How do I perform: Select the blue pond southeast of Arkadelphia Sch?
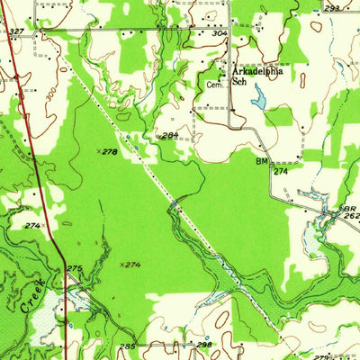coord(259,95)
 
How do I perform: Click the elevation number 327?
coord(16,31)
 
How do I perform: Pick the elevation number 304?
coord(220,33)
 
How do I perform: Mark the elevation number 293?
coord(332,8)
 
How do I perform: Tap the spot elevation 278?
coord(110,153)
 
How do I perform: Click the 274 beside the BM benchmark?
coord(281,170)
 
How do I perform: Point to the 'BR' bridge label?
coord(349,209)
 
